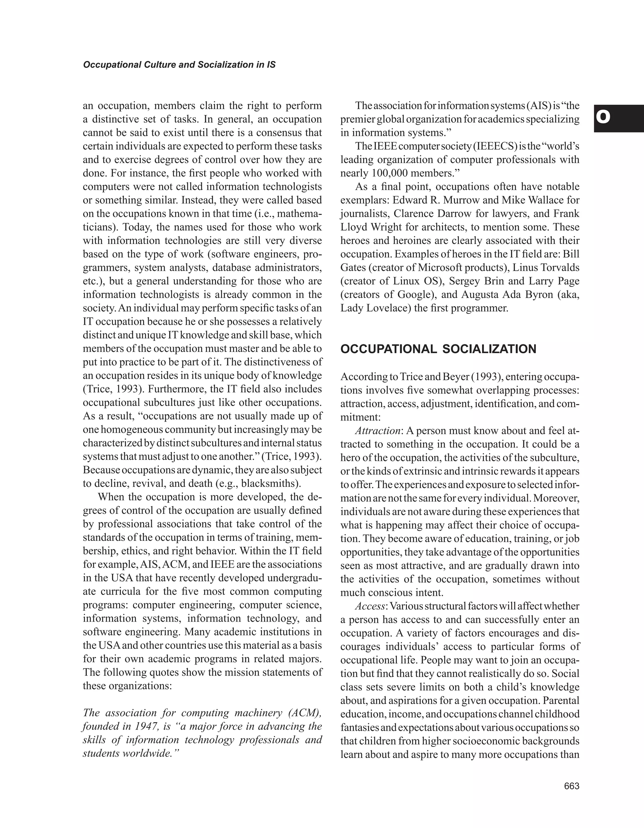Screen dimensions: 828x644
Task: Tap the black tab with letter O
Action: (x=619, y=118)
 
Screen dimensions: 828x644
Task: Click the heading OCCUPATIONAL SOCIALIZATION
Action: (x=438, y=349)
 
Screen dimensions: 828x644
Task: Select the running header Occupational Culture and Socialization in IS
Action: (x=179, y=65)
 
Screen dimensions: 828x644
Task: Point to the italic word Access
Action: (x=370, y=606)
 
